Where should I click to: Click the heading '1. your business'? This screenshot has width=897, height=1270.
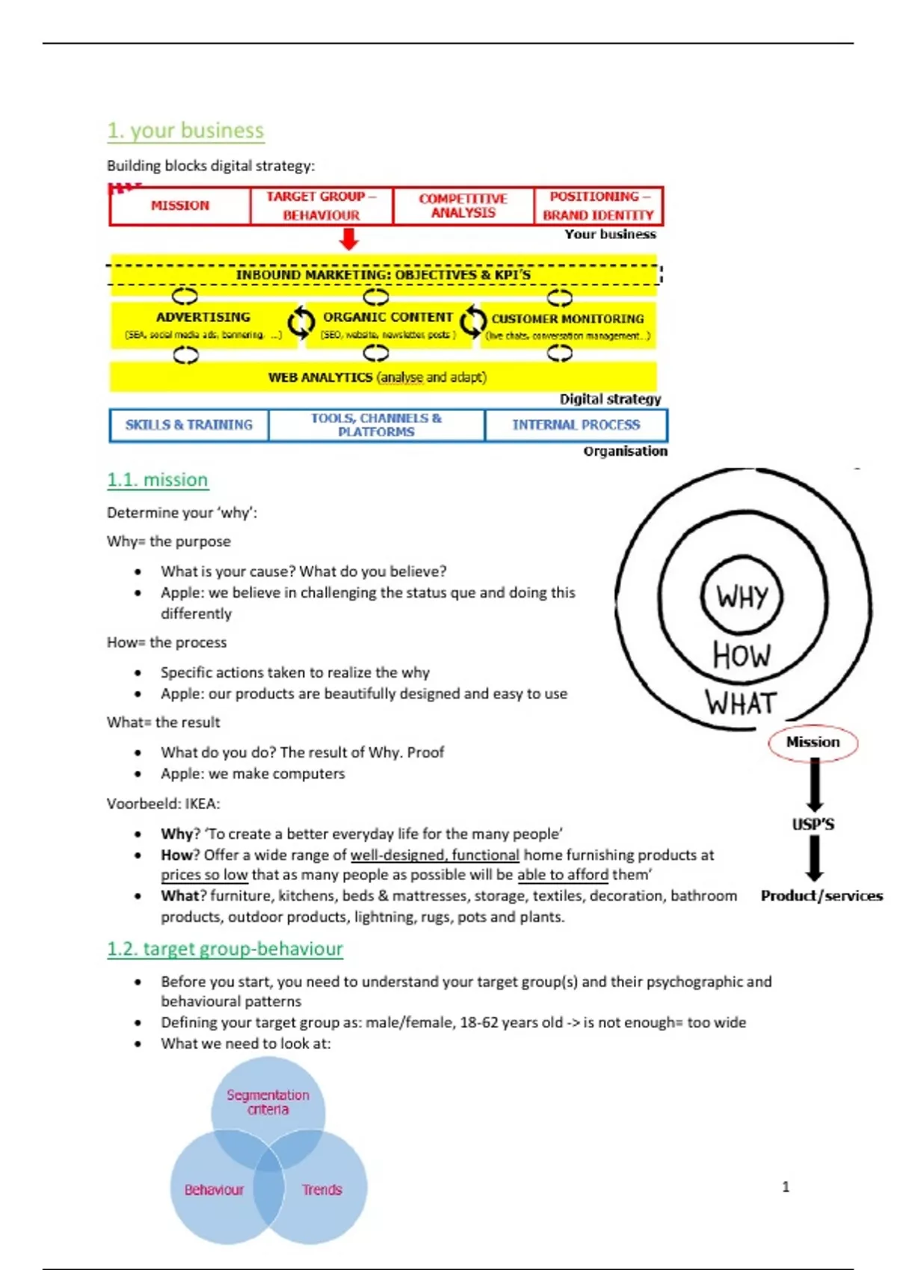point(185,131)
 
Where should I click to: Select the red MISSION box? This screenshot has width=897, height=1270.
point(180,205)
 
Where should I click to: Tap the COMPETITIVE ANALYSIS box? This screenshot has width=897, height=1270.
point(463,205)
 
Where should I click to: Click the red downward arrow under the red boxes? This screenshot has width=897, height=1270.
point(348,239)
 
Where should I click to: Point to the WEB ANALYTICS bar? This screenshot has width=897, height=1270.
point(377,377)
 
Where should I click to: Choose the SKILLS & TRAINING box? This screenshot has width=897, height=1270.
point(189,425)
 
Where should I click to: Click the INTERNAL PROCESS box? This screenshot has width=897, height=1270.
point(576,425)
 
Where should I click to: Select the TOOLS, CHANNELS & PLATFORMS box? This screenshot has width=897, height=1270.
point(376,425)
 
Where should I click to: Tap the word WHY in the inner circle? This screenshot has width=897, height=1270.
point(742,597)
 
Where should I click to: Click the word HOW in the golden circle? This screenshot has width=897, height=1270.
point(742,655)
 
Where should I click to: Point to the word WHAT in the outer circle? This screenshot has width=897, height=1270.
point(741,703)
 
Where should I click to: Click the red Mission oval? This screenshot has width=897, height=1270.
point(813,743)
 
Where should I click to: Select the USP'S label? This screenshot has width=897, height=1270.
point(813,825)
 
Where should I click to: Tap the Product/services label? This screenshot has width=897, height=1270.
point(822,896)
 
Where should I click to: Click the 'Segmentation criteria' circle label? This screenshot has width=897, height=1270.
point(268,1102)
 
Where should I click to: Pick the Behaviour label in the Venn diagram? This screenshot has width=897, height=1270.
point(214,1189)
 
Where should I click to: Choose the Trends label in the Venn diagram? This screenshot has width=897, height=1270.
point(321,1189)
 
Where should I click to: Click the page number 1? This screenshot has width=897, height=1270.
point(786,1186)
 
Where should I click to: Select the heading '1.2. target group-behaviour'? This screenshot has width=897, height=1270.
point(224,949)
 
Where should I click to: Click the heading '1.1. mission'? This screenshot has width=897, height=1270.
point(157,480)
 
